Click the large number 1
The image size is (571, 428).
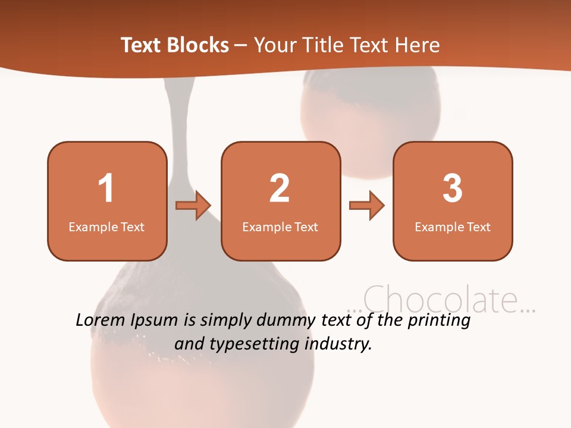[106, 188]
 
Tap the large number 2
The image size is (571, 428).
[280, 188]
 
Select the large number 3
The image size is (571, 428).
[453, 188]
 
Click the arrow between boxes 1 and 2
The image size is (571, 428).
[193, 206]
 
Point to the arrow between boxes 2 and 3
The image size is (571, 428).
[367, 206]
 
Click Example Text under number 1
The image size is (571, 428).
[106, 226]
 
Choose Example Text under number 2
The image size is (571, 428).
[280, 226]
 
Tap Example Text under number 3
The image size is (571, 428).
[453, 226]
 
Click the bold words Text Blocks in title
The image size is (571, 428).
[175, 45]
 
